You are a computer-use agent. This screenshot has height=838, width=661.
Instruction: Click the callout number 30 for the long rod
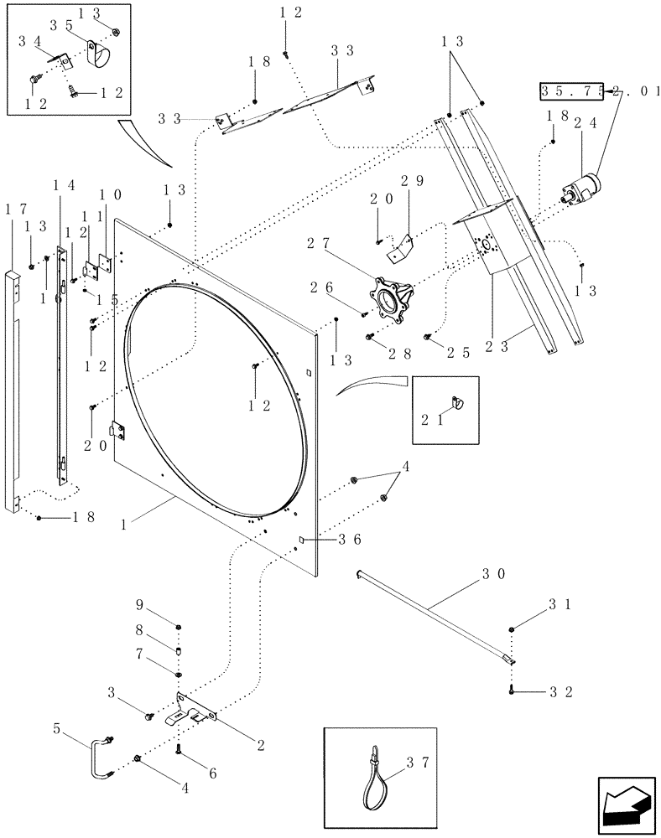coord(492,576)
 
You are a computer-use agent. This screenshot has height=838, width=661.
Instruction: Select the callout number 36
coord(349,541)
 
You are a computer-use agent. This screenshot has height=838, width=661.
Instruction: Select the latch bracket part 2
coord(194,709)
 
